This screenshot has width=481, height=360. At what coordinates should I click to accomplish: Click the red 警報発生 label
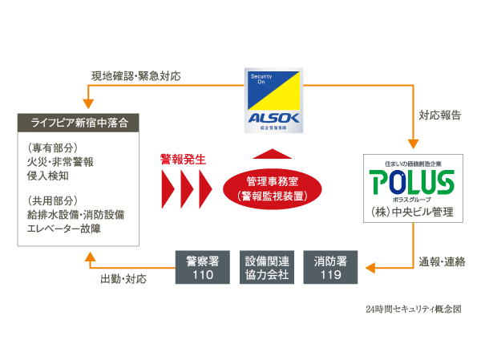click(183, 160)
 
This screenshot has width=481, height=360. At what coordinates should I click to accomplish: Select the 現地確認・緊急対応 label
click(135, 77)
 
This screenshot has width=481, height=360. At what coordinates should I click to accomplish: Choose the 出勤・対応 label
click(124, 279)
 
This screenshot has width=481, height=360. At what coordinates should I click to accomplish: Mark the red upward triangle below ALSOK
click(275, 154)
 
